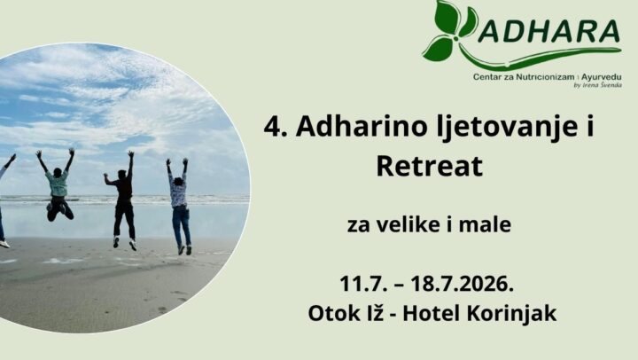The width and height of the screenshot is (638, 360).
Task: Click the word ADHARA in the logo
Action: click(549, 31)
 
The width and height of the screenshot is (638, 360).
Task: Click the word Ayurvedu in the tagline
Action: click(602, 77)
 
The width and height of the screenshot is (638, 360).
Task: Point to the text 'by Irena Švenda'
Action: click(597, 85)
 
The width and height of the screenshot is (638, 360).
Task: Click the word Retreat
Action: click(430, 166)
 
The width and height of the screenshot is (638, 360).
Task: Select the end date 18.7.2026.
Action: click(462, 284)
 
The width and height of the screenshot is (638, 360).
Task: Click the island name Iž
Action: click(373, 313)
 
